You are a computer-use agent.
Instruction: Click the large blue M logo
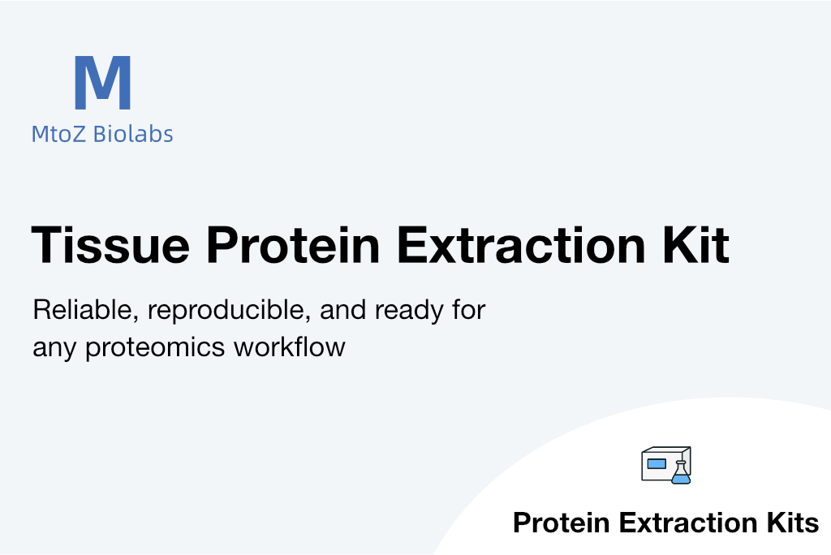point(102,83)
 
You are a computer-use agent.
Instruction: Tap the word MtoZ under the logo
point(58,134)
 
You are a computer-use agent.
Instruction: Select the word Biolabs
point(133,134)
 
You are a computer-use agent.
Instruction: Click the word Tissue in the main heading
point(110,244)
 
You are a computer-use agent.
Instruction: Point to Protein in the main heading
point(293,244)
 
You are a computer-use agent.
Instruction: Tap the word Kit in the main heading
point(695,244)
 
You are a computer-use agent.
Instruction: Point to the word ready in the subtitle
point(409,311)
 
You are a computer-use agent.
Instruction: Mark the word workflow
point(290,347)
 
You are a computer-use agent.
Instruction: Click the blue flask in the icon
point(681,473)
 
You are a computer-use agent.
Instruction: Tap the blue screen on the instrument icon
point(657,464)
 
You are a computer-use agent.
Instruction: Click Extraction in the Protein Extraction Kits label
point(688,523)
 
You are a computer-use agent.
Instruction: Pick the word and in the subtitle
point(343,310)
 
